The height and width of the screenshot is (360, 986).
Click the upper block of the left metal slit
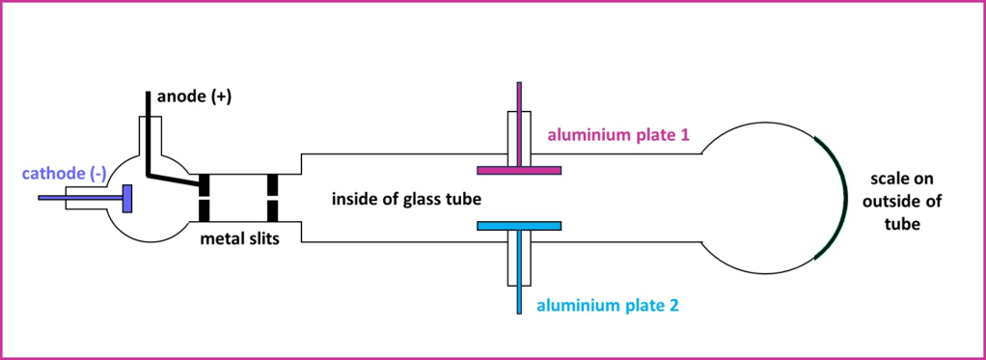[205, 183]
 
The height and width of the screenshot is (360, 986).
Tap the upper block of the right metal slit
[273, 183]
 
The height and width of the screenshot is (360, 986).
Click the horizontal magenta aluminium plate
[519, 171]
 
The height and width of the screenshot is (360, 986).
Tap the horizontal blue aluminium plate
[519, 225]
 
